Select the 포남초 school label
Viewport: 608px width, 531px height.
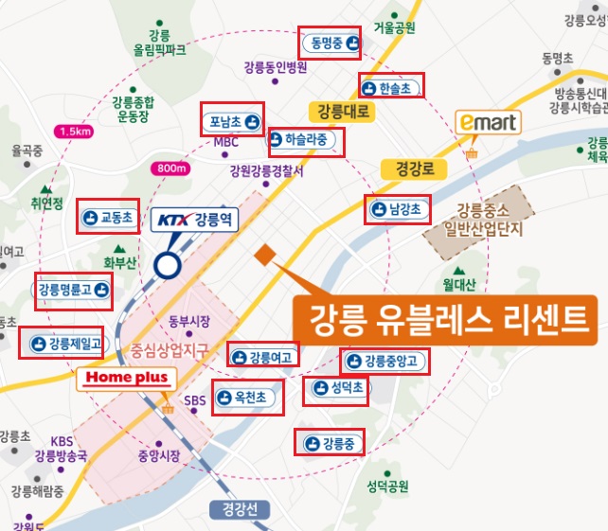(x=232, y=121)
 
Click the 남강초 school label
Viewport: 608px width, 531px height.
(x=396, y=207)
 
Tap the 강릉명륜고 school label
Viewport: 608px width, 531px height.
(x=73, y=290)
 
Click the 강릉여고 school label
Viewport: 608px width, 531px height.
(x=263, y=358)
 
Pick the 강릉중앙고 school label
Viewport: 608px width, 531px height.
(x=384, y=361)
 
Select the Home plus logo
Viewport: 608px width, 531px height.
(x=127, y=378)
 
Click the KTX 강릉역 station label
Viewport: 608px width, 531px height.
(x=197, y=220)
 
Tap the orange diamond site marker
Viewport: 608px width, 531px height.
(x=264, y=253)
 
